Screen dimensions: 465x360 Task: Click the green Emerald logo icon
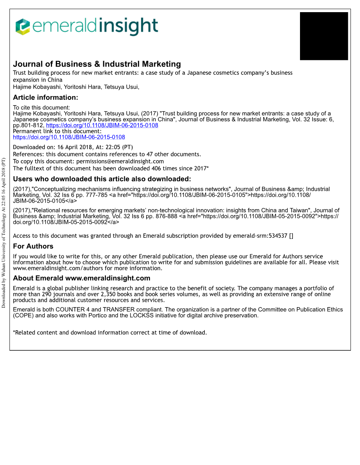point(22,27)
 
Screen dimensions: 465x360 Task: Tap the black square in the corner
point(324,36)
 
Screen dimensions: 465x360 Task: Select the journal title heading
point(97,64)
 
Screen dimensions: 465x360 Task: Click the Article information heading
point(46,98)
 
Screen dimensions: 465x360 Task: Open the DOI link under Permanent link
point(69,137)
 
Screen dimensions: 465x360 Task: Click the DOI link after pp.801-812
point(102,125)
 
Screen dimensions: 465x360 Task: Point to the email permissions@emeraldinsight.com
point(120,161)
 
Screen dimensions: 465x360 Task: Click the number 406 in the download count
point(156,169)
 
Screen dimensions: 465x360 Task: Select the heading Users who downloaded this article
point(102,179)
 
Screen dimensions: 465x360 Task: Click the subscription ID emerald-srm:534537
point(260,236)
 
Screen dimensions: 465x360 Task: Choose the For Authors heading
point(33,246)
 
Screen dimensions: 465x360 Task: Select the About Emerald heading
point(81,278)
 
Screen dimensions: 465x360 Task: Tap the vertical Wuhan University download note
point(3,232)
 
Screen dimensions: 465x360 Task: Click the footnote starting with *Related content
point(110,333)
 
